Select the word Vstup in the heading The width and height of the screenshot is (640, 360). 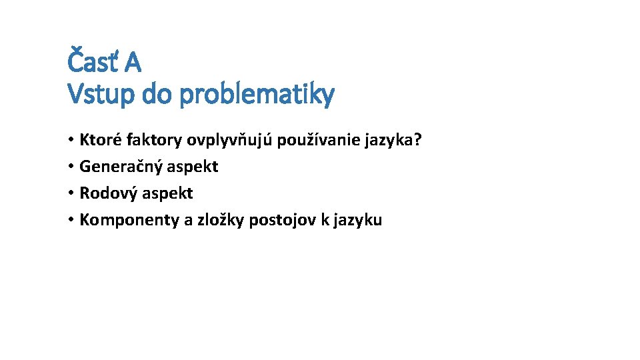101,95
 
